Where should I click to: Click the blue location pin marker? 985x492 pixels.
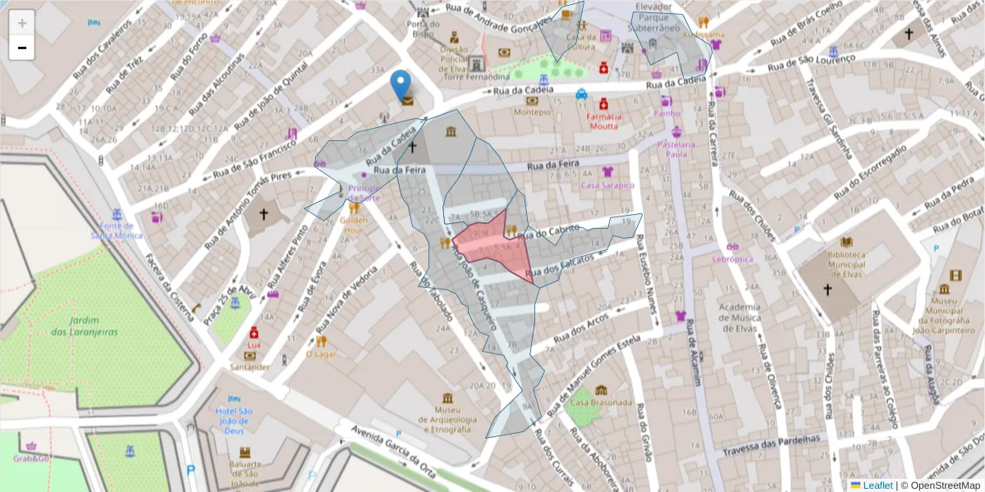coord(400,84)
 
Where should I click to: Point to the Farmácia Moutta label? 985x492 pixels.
coord(603,121)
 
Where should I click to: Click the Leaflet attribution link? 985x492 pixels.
coord(877,485)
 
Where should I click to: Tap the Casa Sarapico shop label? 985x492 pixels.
coord(607,184)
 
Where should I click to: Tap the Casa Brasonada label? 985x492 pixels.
coord(601,403)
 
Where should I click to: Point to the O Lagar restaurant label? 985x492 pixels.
coord(321,354)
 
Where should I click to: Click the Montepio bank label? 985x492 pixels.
coord(532,112)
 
